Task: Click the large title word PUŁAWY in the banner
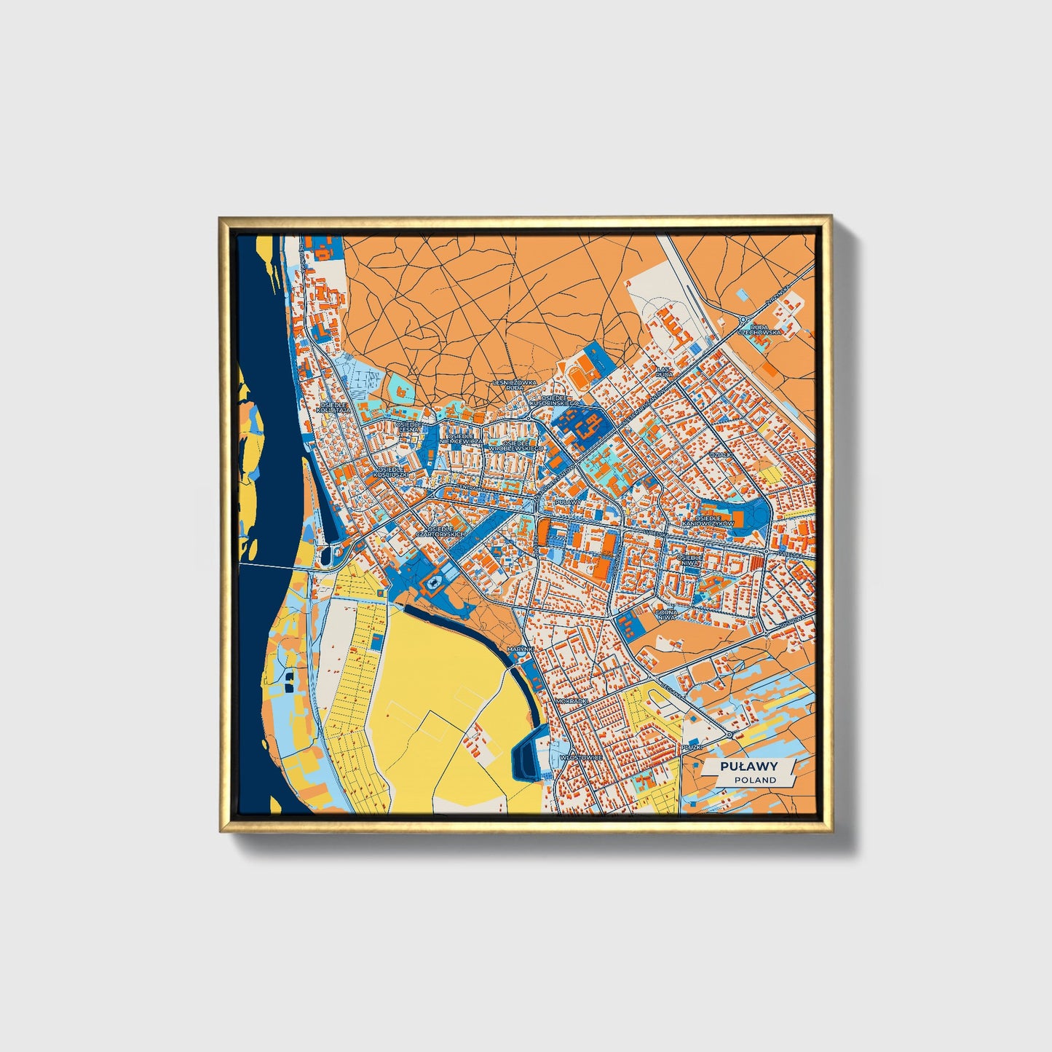pyautogui.click(x=748, y=767)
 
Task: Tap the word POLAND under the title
pyautogui.click(x=754, y=780)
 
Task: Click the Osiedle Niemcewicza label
pyautogui.click(x=462, y=439)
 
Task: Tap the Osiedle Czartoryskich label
pyautogui.click(x=446, y=532)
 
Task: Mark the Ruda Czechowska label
pyautogui.click(x=759, y=329)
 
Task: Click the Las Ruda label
pyautogui.click(x=665, y=371)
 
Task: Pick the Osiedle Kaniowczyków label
pyautogui.click(x=708, y=521)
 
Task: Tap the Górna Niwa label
pyautogui.click(x=666, y=616)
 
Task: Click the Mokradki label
pyautogui.click(x=570, y=701)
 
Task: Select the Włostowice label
pyautogui.click(x=581, y=757)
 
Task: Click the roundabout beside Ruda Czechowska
pyautogui.click(x=743, y=319)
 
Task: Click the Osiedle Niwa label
pyautogui.click(x=689, y=561)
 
